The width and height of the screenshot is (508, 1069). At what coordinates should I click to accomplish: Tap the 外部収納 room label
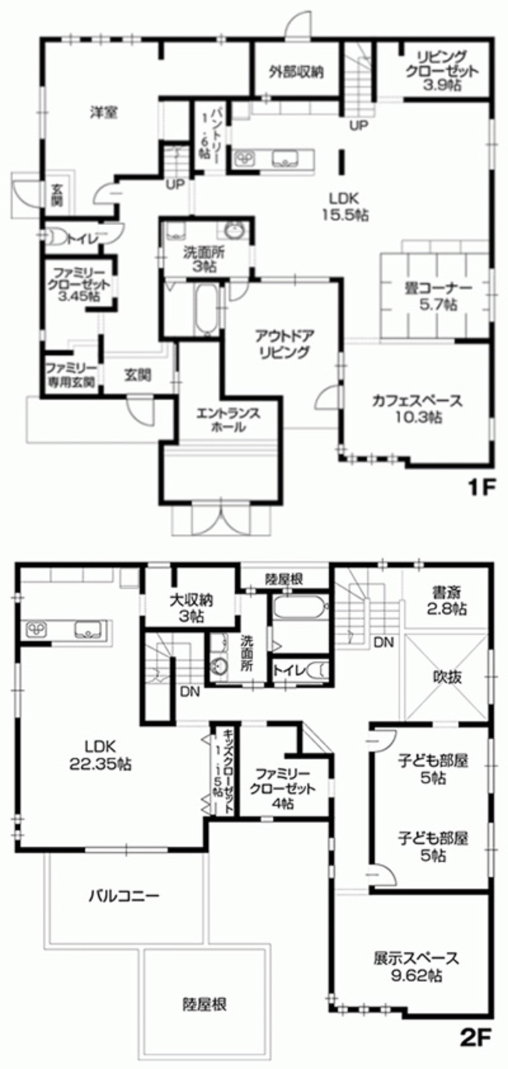tap(296, 71)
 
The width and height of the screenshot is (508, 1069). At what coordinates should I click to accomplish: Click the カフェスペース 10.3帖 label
tap(418, 408)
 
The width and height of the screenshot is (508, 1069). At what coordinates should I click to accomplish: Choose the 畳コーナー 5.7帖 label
tap(438, 296)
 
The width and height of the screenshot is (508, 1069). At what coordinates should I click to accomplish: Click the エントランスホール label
tap(228, 420)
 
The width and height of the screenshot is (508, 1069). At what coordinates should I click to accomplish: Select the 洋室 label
tap(104, 113)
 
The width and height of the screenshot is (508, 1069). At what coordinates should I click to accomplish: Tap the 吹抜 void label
tap(447, 677)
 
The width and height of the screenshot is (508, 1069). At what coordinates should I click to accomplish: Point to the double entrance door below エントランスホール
tap(221, 518)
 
